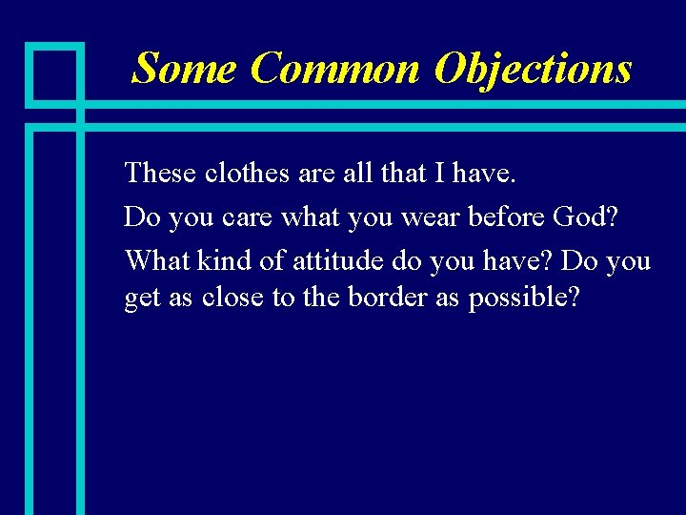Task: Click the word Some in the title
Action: (x=185, y=69)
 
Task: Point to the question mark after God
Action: (x=612, y=217)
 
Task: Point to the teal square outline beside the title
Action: (x=53, y=72)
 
